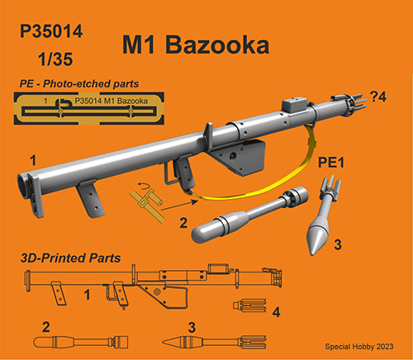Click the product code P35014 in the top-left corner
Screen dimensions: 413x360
[51, 31]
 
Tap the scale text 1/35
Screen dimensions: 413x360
[55, 59]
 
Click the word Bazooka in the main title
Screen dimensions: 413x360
[217, 45]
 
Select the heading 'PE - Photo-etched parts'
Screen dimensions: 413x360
[79, 83]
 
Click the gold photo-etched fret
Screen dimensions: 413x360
[89, 108]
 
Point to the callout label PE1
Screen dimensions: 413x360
[331, 163]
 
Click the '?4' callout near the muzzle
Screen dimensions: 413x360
[378, 97]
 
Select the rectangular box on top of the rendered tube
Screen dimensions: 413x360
[294, 105]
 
